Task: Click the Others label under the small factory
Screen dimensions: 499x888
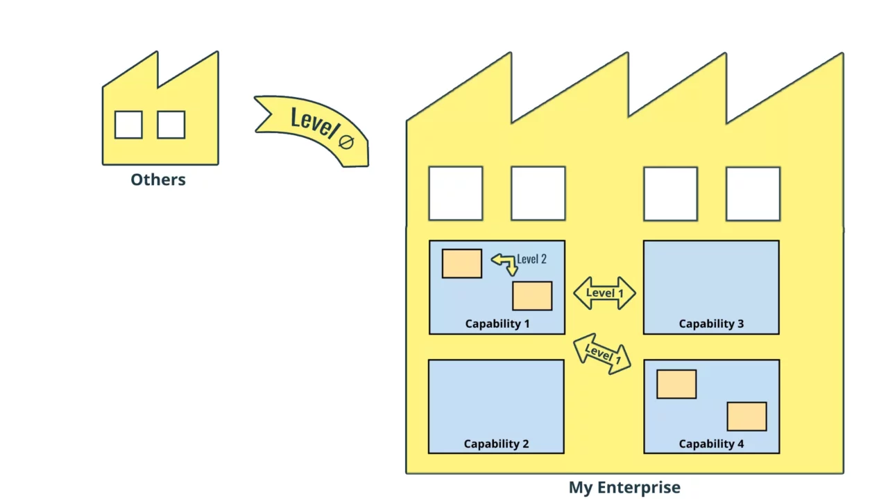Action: pyautogui.click(x=158, y=180)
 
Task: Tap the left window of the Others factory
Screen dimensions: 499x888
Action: pyautogui.click(x=128, y=125)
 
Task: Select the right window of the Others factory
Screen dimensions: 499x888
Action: pyautogui.click(x=171, y=125)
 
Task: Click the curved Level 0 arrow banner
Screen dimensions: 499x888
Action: pyautogui.click(x=312, y=128)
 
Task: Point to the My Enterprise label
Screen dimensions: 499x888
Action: pyautogui.click(x=624, y=487)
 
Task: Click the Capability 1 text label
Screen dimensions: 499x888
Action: pyautogui.click(x=497, y=324)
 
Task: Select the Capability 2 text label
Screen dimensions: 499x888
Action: pyautogui.click(x=496, y=444)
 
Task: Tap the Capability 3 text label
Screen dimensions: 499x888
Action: pyautogui.click(x=711, y=324)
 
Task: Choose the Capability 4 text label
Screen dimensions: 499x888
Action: pyautogui.click(x=711, y=444)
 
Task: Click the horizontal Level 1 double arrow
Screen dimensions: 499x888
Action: pyautogui.click(x=604, y=293)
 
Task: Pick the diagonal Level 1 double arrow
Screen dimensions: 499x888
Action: pyautogui.click(x=602, y=353)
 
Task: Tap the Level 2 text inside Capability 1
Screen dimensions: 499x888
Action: pyautogui.click(x=531, y=259)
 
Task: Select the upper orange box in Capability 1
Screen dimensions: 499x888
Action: pyautogui.click(x=462, y=263)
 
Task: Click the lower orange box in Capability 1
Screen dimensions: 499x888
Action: pyautogui.click(x=532, y=296)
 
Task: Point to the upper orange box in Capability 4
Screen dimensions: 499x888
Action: pyautogui.click(x=676, y=384)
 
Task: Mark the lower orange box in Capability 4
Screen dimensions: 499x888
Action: pyautogui.click(x=746, y=417)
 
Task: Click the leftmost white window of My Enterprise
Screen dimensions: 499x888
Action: pyautogui.click(x=456, y=193)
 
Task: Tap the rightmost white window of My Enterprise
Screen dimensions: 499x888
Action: pyautogui.click(x=753, y=193)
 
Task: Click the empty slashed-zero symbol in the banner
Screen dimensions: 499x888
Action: pyautogui.click(x=346, y=142)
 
